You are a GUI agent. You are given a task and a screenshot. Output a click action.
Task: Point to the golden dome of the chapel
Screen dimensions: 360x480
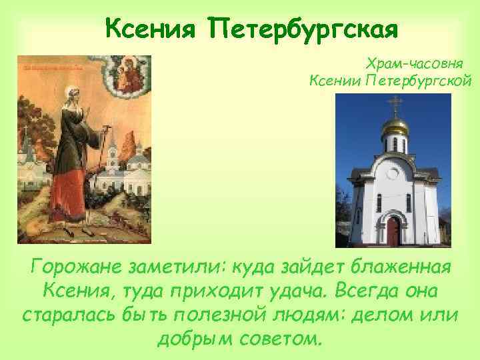click(x=397, y=125)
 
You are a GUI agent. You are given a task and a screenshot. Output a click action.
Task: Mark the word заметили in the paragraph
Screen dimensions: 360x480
click(x=169, y=268)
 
